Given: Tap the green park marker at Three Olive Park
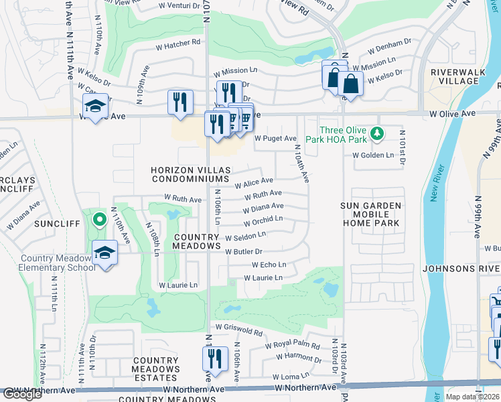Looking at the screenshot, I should (377, 134).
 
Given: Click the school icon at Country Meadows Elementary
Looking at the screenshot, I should (105, 253).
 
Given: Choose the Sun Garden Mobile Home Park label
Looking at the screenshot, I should (370, 214).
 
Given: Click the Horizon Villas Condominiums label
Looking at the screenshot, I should (191, 175).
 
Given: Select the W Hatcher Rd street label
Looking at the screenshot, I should (178, 42).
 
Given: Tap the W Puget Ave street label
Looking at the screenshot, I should (275, 139).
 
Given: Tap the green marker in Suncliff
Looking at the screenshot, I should (99, 218).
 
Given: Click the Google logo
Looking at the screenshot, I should (22, 394).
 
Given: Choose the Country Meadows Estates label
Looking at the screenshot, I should (155, 368).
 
